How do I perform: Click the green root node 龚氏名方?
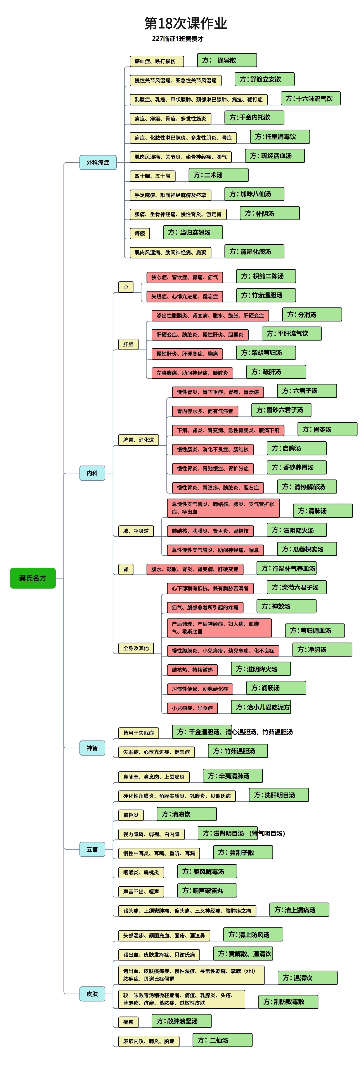33,578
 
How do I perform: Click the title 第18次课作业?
186,23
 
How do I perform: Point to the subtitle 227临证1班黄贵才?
178,39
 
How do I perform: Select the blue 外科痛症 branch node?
98,162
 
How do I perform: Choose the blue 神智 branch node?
92,747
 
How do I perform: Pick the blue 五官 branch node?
92,849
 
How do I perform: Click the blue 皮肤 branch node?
92,994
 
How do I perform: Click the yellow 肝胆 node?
128,344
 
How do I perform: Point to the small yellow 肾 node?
126,569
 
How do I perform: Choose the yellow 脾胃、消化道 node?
138,440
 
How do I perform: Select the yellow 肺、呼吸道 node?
136,530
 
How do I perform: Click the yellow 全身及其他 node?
136,648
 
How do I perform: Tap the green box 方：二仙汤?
222,1040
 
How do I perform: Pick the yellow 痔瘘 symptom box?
140,233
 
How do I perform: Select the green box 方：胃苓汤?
327,429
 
